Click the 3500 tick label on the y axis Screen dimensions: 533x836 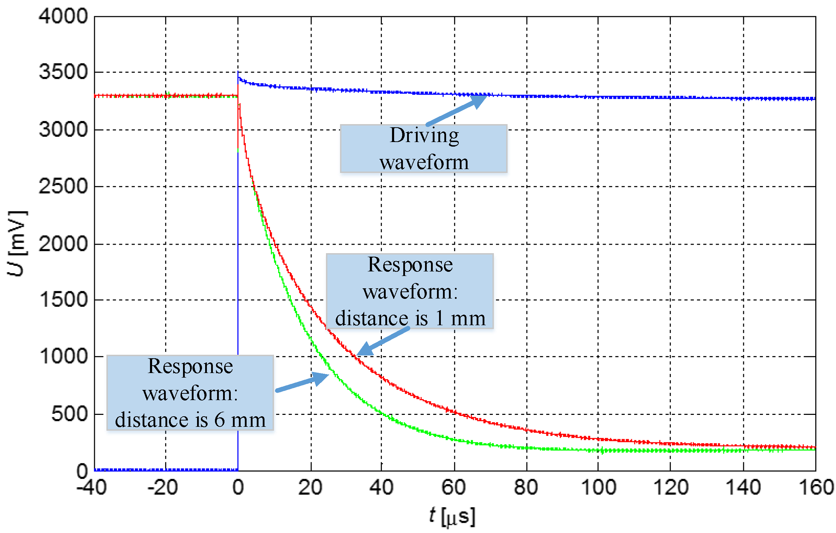pos(63,72)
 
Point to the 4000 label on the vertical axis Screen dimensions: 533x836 pos(63,16)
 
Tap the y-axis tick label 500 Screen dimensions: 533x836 pos(70,414)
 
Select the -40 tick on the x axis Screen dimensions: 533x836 pos(92,487)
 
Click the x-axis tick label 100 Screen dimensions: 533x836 pos(599,487)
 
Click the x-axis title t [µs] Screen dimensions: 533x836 pos(452,516)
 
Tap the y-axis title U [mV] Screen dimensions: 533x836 pos(17,244)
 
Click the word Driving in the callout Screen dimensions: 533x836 pos(424,135)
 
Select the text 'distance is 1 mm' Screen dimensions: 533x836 pos(410,318)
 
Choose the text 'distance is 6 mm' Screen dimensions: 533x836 pos(190,420)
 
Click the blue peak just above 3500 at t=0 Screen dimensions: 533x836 pos(238,74)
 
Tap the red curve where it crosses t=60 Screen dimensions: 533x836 pos(455,412)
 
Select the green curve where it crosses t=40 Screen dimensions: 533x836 pos(381,413)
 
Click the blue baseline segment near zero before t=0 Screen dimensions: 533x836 pos(165,469)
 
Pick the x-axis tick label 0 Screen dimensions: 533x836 pos(238,487)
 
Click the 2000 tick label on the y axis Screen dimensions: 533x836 pos(63,244)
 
